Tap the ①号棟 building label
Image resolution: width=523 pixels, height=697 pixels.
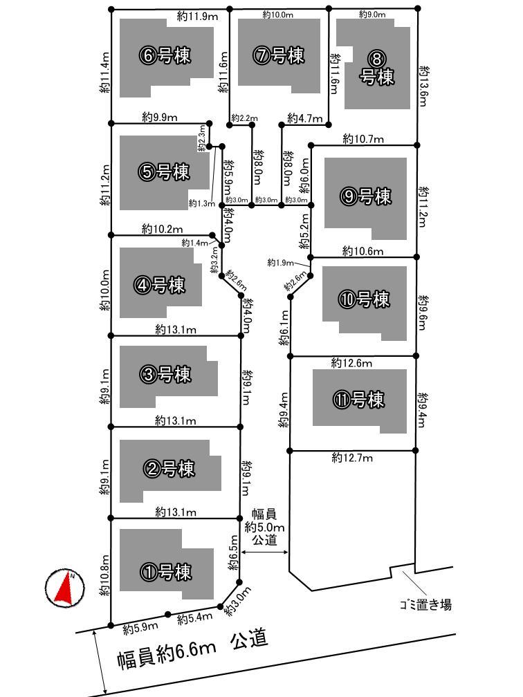(166, 572)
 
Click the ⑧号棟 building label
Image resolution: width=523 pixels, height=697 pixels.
(377, 68)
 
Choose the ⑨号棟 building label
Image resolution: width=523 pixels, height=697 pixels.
(366, 196)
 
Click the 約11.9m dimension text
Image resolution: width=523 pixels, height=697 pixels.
(195, 15)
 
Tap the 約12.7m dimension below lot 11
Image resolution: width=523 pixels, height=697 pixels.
(352, 458)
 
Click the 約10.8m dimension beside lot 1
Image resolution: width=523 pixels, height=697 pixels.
(104, 575)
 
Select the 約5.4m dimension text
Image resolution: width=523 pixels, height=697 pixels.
(194, 617)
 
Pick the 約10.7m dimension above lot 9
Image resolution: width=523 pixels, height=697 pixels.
(363, 139)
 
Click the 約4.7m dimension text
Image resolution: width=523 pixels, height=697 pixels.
(304, 118)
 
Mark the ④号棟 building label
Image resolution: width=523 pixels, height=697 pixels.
(161, 284)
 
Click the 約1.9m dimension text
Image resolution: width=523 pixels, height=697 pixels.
(280, 262)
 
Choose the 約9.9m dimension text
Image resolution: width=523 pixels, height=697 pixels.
(159, 117)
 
